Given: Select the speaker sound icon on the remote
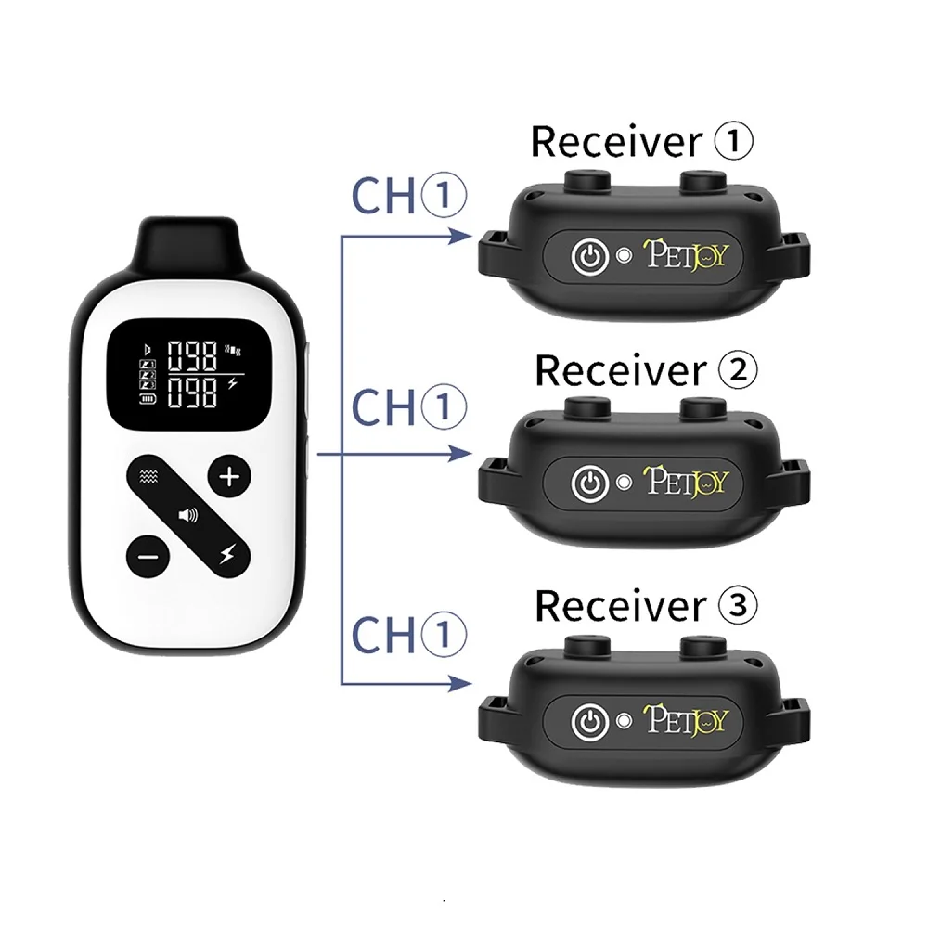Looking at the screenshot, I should (188, 515).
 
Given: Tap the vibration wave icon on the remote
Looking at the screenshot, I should (147, 477).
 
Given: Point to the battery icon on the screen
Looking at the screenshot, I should (147, 399).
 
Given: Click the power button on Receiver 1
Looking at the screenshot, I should (588, 255).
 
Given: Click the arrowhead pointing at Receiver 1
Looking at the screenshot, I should (458, 238).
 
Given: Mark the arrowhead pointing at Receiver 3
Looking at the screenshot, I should (458, 684).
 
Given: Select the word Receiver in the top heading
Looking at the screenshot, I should (613, 142).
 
